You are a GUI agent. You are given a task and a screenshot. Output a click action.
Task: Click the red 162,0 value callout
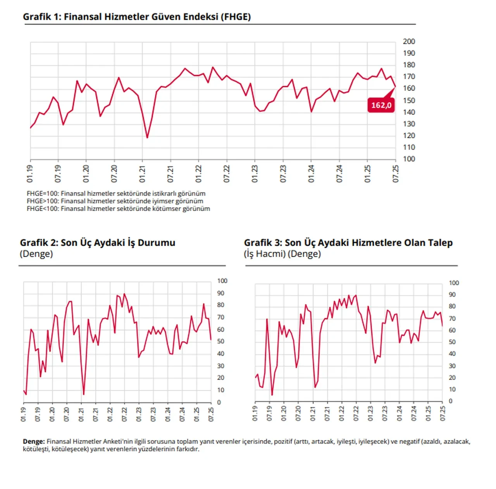pyautogui.click(x=381, y=105)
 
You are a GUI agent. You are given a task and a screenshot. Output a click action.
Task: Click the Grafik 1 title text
pyautogui.click(x=137, y=17)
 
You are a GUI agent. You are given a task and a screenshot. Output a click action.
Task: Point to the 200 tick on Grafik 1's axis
pyautogui.click(x=409, y=41)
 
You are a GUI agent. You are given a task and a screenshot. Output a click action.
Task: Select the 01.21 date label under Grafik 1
pyautogui.click(x=142, y=174)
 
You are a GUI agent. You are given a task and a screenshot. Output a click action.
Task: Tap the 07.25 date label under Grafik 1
pyautogui.click(x=396, y=174)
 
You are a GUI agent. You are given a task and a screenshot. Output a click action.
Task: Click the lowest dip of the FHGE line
pyautogui.click(x=147, y=137)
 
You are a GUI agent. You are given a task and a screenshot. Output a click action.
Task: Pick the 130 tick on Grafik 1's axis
pyautogui.click(x=409, y=124)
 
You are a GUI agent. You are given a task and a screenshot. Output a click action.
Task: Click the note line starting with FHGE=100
pyautogui.click(x=116, y=193)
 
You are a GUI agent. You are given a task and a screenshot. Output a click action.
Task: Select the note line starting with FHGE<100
pyautogui.click(x=118, y=208)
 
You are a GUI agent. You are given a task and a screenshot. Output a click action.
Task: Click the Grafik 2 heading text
pyautogui.click(x=98, y=243)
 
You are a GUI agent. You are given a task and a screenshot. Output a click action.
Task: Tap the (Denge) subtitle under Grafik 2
pyautogui.click(x=36, y=254)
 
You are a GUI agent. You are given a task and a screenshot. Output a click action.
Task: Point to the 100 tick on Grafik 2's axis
pyautogui.click(x=222, y=281)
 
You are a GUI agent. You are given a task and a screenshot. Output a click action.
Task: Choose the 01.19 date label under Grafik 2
pyautogui.click(x=23, y=414)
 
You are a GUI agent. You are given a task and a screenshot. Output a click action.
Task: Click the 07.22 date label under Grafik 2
pyautogui.click(x=124, y=414)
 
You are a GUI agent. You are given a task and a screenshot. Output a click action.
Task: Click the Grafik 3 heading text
pyautogui.click(x=348, y=243)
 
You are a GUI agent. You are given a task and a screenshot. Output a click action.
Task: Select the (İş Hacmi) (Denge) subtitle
pyautogui.click(x=282, y=254)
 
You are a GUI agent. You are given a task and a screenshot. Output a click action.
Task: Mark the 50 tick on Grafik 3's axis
pyautogui.click(x=452, y=342)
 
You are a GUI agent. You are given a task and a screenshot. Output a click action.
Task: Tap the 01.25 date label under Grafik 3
pyautogui.click(x=428, y=414)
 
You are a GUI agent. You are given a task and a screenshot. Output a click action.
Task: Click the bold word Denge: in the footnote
pyautogui.click(x=34, y=441)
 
